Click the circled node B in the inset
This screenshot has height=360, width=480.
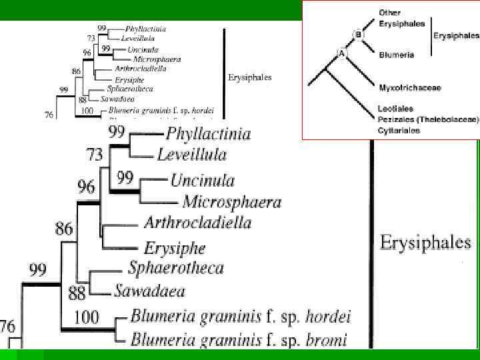coord(358,34)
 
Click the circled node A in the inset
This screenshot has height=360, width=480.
coord(342,54)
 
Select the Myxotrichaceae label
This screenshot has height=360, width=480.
coord(410,87)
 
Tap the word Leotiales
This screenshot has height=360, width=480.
coord(396,108)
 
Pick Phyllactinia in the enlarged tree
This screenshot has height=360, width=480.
coord(209,134)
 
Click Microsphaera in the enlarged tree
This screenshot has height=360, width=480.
coord(232,201)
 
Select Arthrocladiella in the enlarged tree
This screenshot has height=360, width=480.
coord(197,222)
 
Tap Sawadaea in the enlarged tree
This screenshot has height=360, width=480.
coord(149,290)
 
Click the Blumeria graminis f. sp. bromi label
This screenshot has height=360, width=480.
coord(239,340)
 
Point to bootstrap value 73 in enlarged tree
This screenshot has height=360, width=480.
coord(95,155)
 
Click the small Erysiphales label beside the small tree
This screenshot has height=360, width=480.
coord(249,77)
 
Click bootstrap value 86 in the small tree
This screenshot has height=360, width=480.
coord(76,71)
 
